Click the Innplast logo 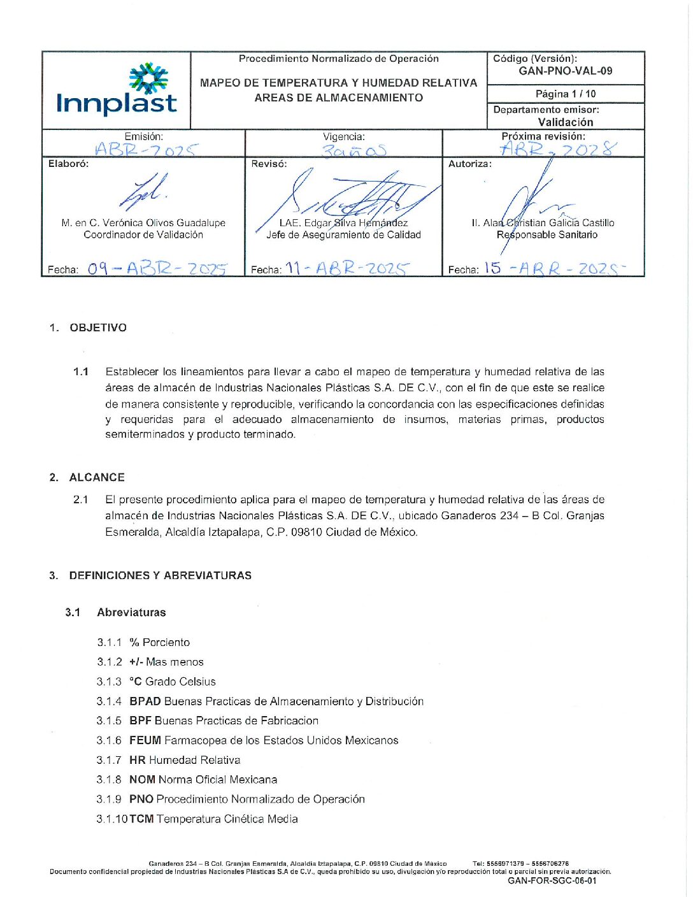117,90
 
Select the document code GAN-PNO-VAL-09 565,71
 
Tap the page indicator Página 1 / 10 565,94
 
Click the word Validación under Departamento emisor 565,122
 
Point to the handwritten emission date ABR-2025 146,150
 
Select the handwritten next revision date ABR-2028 557,149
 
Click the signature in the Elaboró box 145,192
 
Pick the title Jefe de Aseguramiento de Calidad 343,235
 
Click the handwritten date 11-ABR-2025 346,268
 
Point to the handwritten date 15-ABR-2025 554,268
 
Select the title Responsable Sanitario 547,235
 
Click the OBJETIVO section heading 98,327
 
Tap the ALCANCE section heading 97,477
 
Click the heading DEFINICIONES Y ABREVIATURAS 160,575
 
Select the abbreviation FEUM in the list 145,740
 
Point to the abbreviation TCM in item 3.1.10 141,819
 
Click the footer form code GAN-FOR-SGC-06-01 552,881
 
